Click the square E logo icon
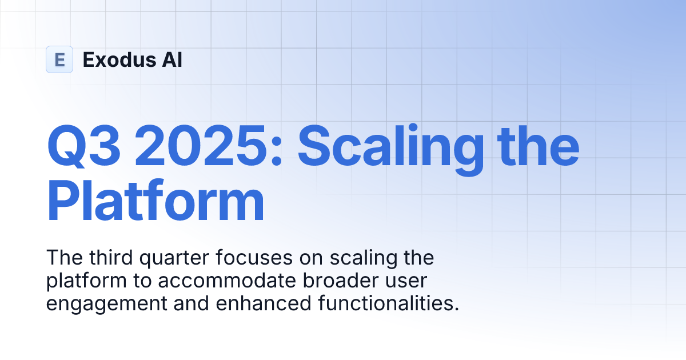[59, 59]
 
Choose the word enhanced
[255, 303]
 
